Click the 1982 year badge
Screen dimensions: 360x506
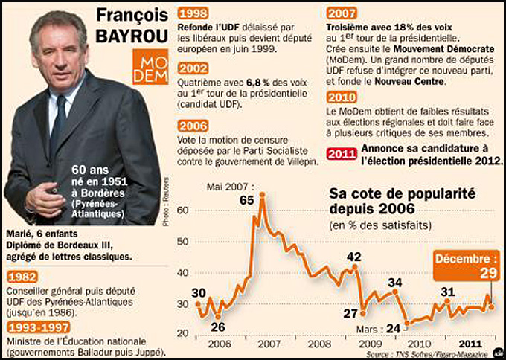click(x=22, y=277)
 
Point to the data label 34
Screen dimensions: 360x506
click(x=395, y=282)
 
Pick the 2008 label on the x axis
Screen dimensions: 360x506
click(x=319, y=344)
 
